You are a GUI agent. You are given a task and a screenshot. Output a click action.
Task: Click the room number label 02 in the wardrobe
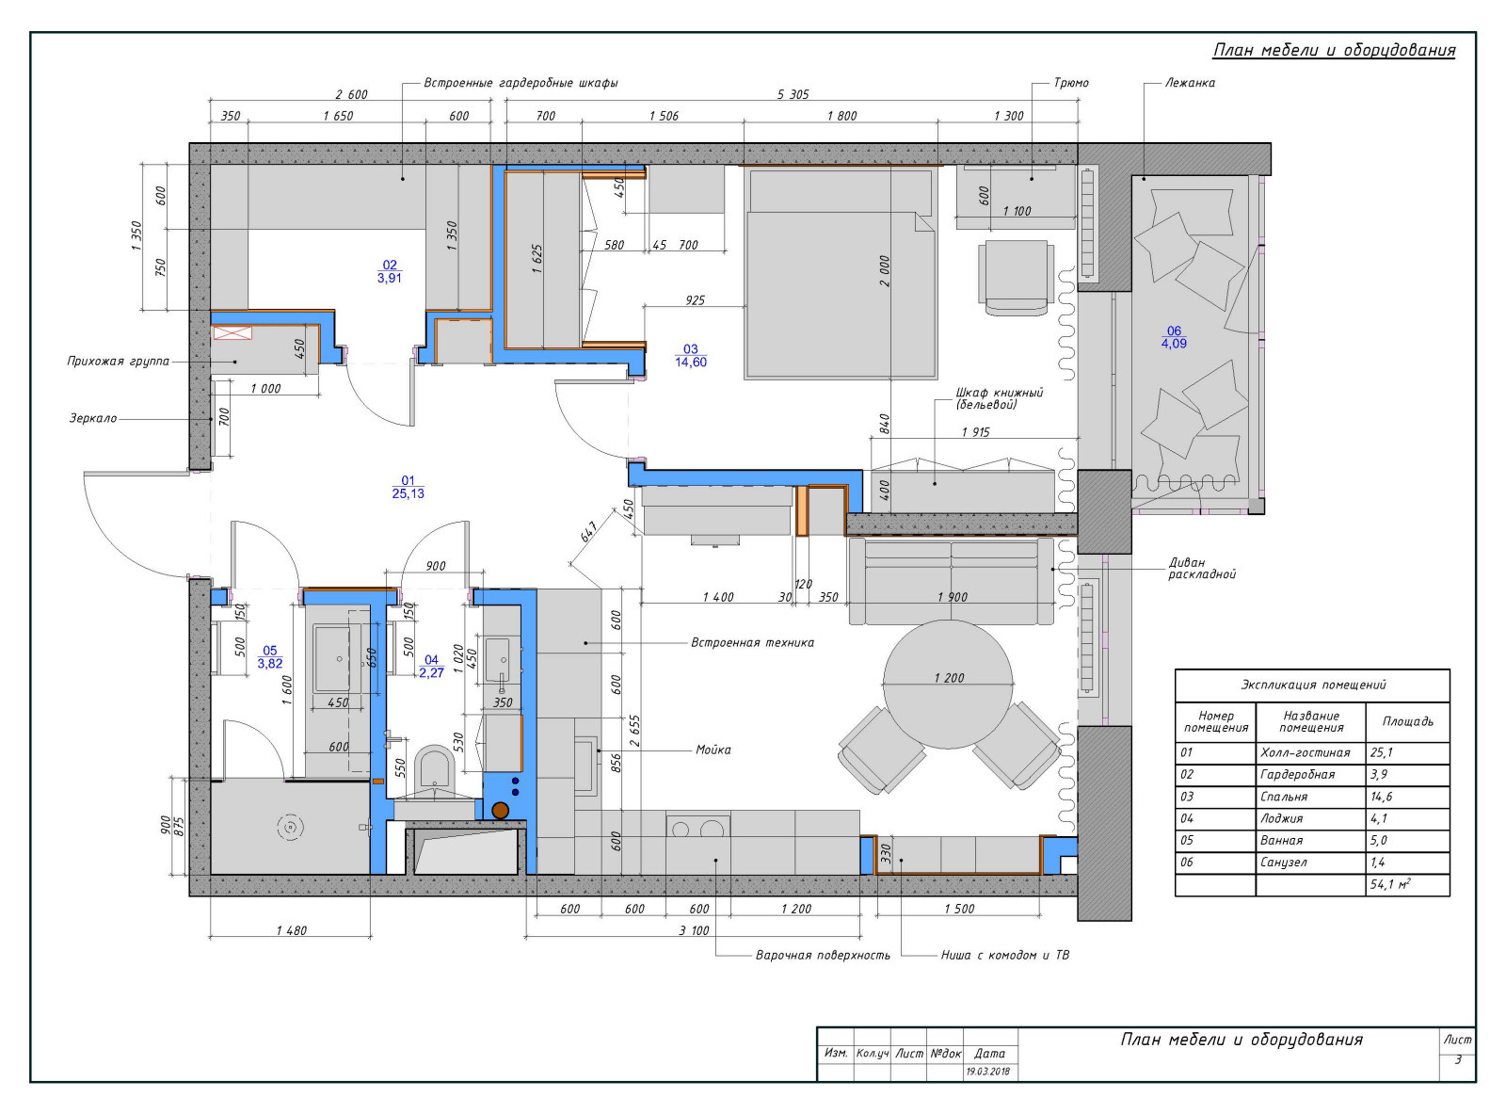[389, 265]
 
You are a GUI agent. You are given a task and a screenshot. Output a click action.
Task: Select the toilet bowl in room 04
[435, 772]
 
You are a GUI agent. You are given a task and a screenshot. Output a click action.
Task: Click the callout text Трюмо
[1071, 82]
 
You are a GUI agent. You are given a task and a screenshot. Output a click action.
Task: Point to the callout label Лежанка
[1190, 82]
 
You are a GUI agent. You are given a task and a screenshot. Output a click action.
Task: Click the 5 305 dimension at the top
[793, 94]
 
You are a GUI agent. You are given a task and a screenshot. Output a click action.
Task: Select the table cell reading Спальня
[1283, 797]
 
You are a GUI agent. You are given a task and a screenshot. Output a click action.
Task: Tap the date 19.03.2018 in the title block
[988, 1072]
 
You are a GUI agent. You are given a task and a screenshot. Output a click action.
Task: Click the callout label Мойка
[713, 750]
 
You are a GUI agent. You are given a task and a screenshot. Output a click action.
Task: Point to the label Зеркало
[93, 418]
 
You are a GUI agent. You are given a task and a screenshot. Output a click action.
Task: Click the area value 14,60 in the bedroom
[691, 363]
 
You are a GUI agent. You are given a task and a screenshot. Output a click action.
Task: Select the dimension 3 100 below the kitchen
[694, 930]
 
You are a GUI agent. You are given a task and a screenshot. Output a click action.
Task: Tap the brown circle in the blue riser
[501, 810]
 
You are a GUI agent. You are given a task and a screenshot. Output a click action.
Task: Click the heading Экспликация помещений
[1313, 685]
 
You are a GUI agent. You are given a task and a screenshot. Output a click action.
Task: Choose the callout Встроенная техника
[752, 642]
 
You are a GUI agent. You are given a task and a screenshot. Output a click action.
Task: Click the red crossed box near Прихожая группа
[232, 333]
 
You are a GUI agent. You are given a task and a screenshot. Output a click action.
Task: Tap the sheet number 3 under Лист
[1457, 1059]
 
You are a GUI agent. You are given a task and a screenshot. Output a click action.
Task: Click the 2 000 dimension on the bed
[884, 271]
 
